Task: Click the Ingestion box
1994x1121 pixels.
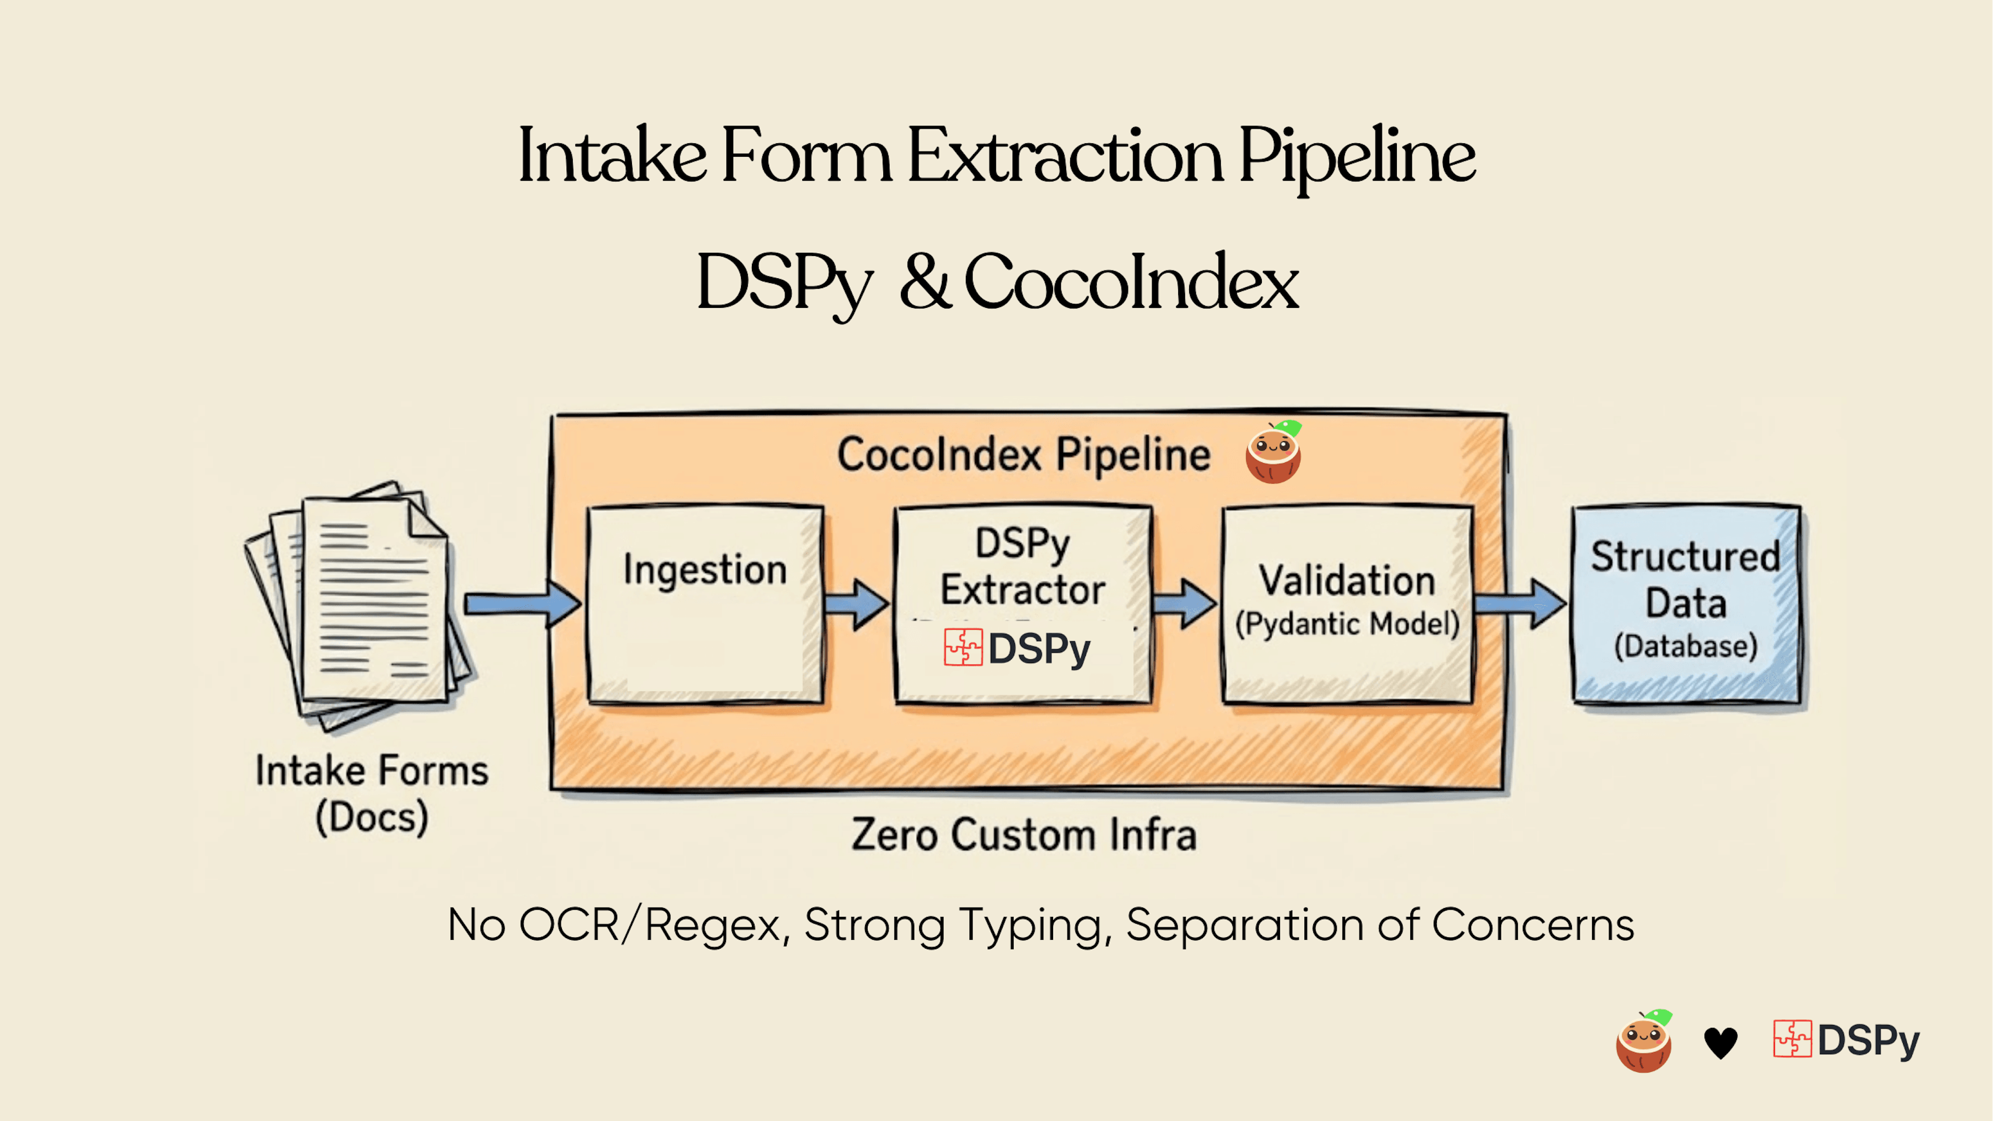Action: pyautogui.click(x=705, y=604)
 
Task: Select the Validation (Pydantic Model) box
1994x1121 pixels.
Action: pyautogui.click(x=1347, y=604)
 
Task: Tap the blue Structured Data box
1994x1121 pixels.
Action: pyautogui.click(x=1686, y=604)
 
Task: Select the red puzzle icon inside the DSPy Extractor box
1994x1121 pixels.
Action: pyautogui.click(x=963, y=647)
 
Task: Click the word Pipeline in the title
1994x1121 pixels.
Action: pyautogui.click(x=1356, y=157)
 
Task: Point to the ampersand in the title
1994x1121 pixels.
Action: pyautogui.click(x=925, y=282)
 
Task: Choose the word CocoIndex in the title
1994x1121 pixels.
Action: pyautogui.click(x=1130, y=282)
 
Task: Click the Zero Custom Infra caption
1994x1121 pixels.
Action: pyautogui.click(x=1023, y=834)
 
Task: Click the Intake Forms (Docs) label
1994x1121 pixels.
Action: pyautogui.click(x=372, y=793)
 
